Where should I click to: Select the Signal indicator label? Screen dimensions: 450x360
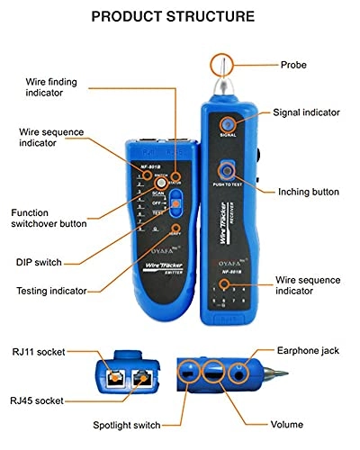(308, 112)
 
